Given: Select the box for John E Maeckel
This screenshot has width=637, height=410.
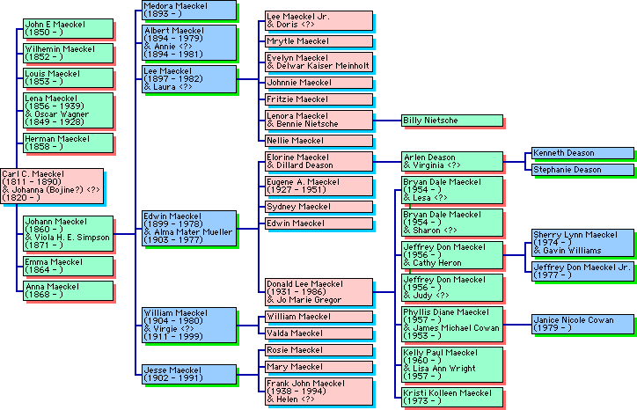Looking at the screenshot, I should click(x=68, y=28).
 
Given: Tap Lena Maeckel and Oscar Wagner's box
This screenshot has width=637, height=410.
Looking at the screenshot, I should click(x=68, y=110).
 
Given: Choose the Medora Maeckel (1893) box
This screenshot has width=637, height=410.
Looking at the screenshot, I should click(x=188, y=11).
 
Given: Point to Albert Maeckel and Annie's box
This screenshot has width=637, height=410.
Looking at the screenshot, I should click(x=188, y=42).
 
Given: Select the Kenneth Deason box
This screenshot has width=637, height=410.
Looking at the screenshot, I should click(x=582, y=153).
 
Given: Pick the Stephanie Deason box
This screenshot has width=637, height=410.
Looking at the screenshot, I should click(x=582, y=170).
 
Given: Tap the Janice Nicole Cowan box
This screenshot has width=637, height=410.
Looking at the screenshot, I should click(x=582, y=325).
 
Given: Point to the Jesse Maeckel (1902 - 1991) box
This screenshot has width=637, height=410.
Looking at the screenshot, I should click(x=188, y=375).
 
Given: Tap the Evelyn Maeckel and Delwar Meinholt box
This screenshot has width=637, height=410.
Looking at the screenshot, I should click(x=318, y=62).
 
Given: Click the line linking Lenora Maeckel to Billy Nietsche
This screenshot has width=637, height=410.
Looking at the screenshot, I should click(x=387, y=120).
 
